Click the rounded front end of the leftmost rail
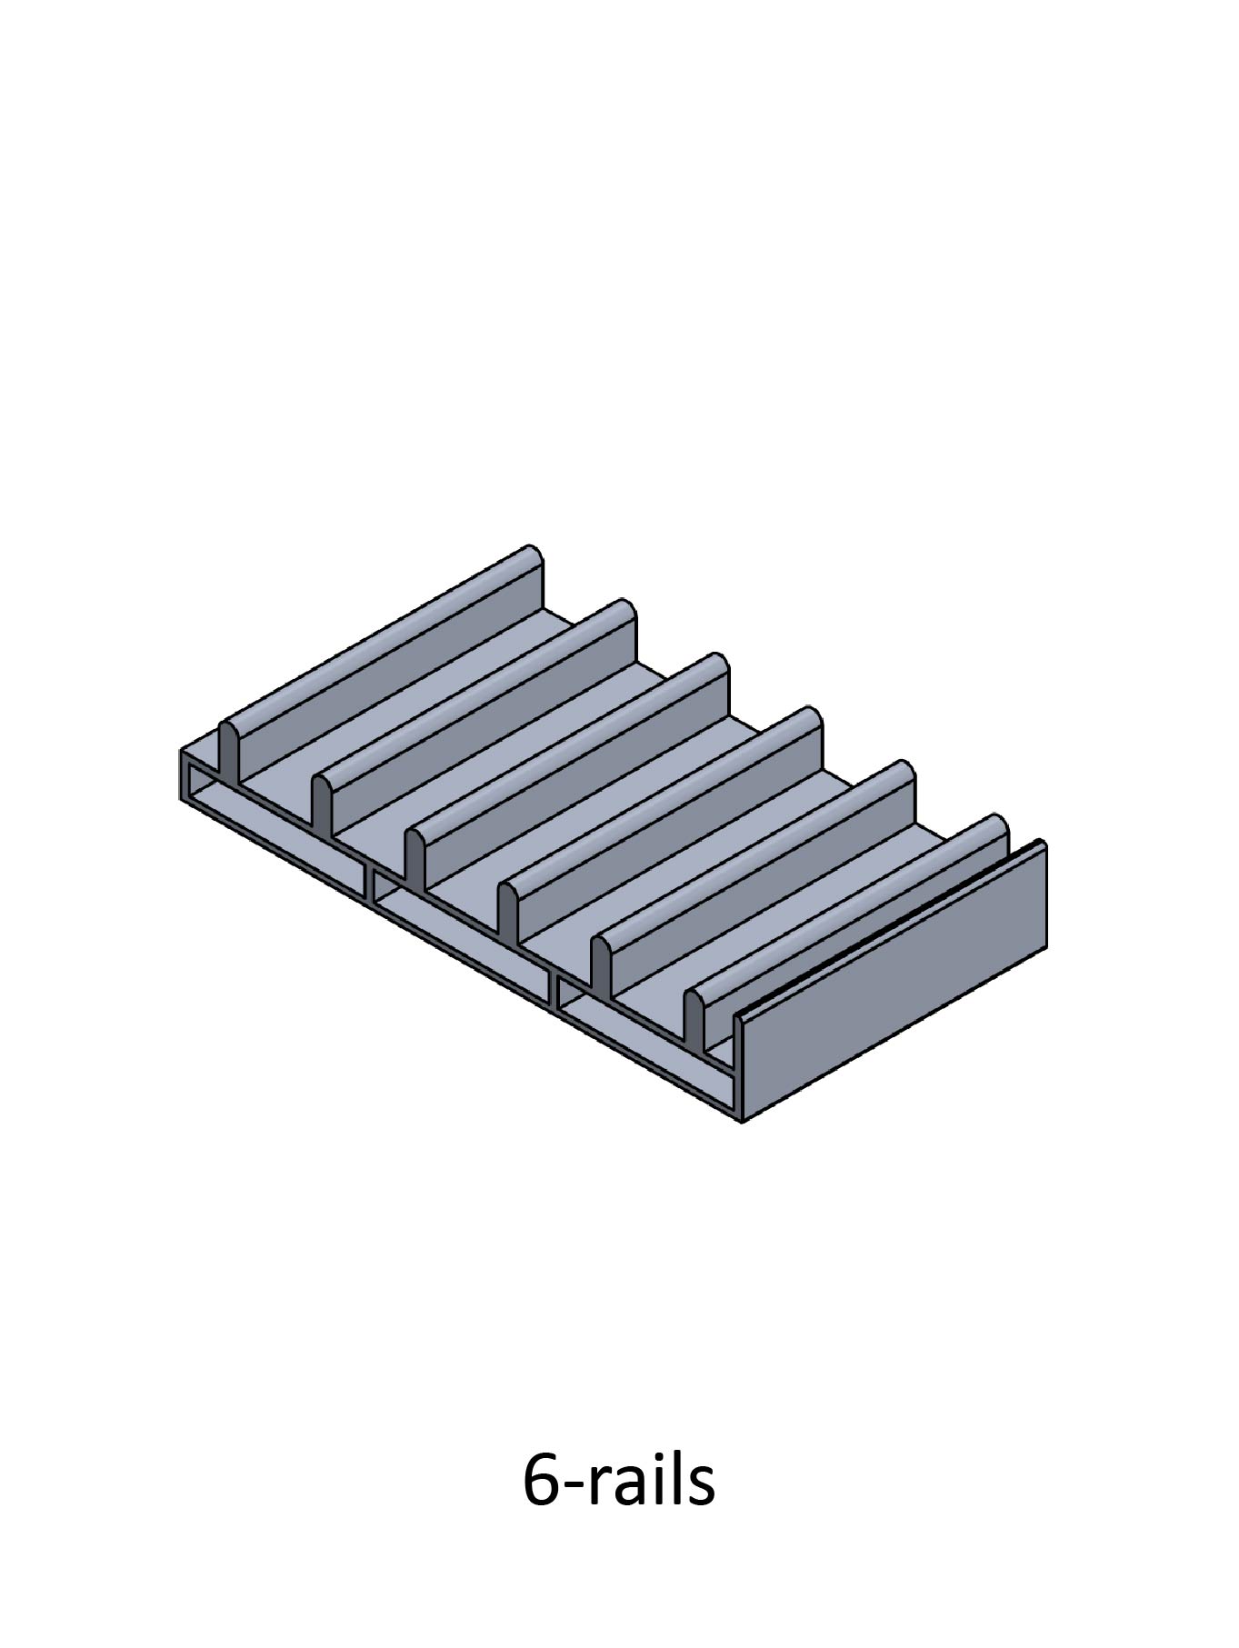[x=229, y=750]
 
